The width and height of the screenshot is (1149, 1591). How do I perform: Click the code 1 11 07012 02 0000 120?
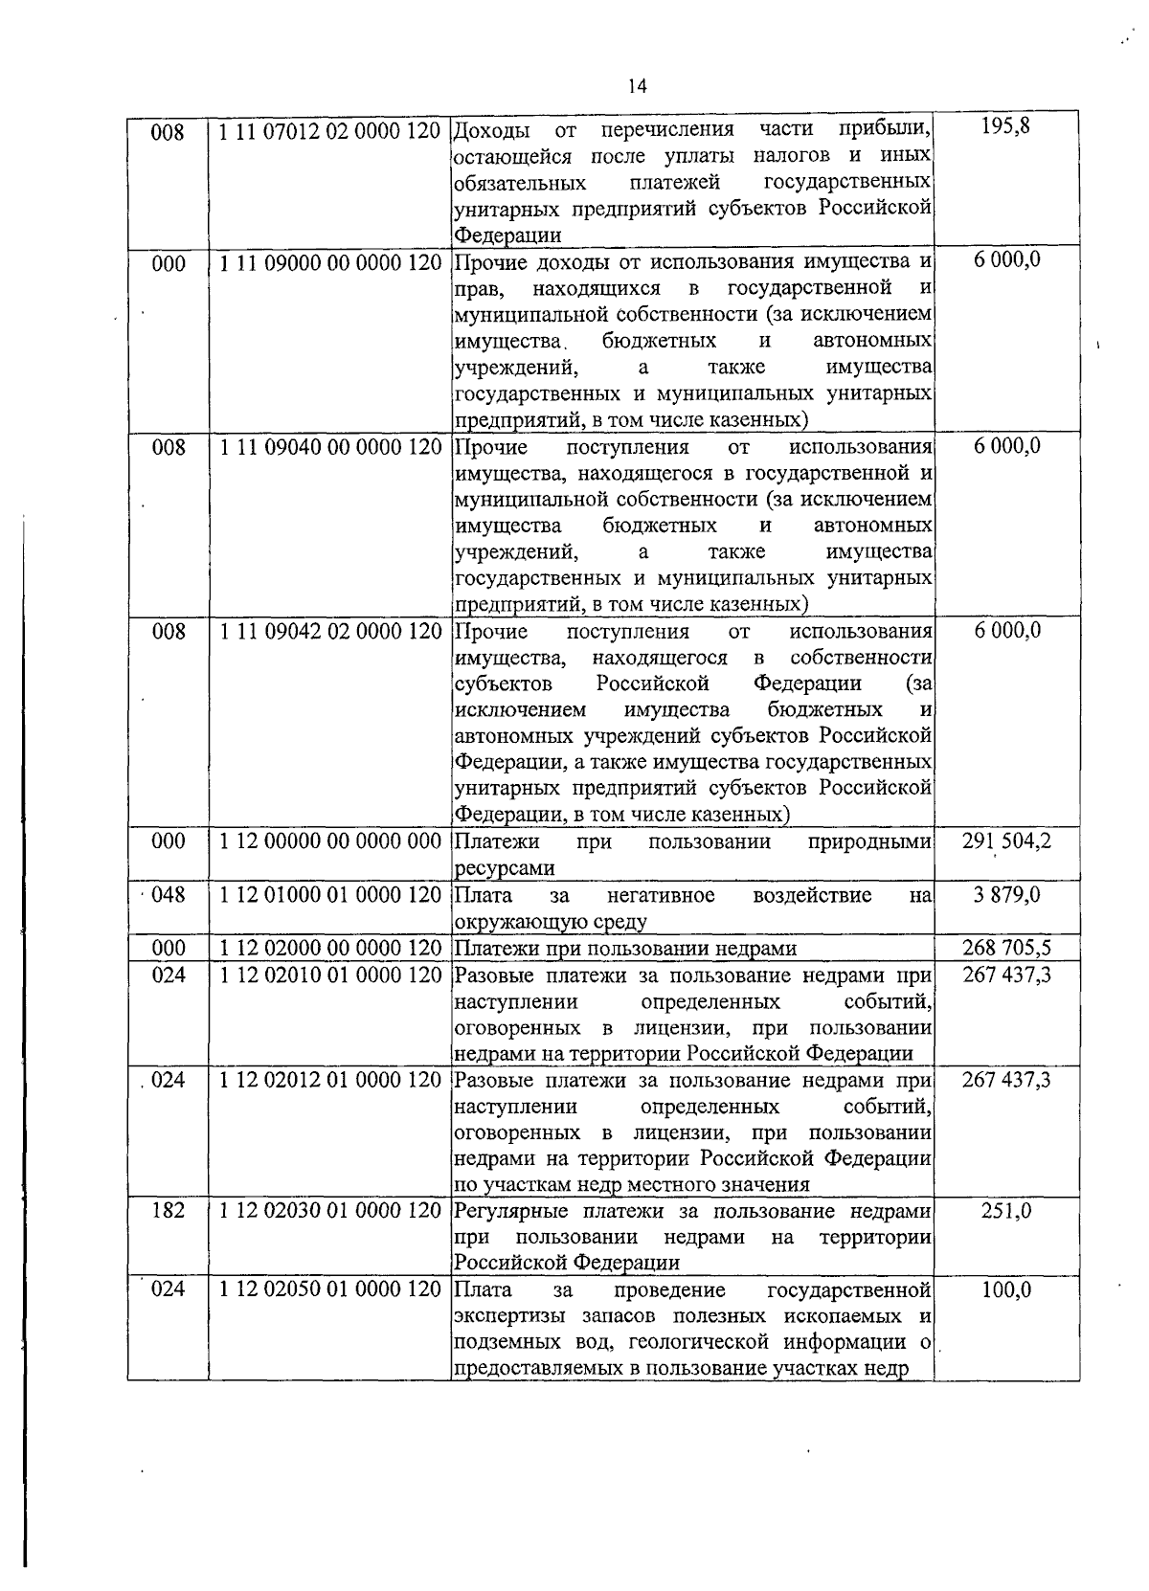[x=329, y=131]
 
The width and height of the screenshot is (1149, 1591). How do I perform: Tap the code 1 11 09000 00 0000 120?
[x=329, y=263]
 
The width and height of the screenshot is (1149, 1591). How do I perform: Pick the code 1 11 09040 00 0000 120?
[x=329, y=447]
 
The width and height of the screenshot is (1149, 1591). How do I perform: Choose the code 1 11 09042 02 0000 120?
[x=329, y=632]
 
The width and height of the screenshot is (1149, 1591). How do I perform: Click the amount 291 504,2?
[x=1006, y=841]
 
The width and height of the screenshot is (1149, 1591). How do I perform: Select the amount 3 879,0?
[x=1006, y=895]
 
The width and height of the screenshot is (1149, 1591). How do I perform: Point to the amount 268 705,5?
[x=1006, y=948]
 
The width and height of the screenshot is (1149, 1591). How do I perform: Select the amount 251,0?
[x=1006, y=1211]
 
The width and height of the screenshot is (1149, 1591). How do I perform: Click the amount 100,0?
[x=1006, y=1289]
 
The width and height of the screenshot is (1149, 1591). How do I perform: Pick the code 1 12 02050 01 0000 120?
[x=329, y=1289]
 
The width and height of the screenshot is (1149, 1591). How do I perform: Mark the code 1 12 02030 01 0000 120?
[x=329, y=1211]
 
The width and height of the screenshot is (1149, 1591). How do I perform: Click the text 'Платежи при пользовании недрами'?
[x=625, y=949]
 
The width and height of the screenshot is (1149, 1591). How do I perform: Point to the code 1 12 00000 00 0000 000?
[x=329, y=842]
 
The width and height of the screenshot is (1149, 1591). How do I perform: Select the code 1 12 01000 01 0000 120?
[x=329, y=896]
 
